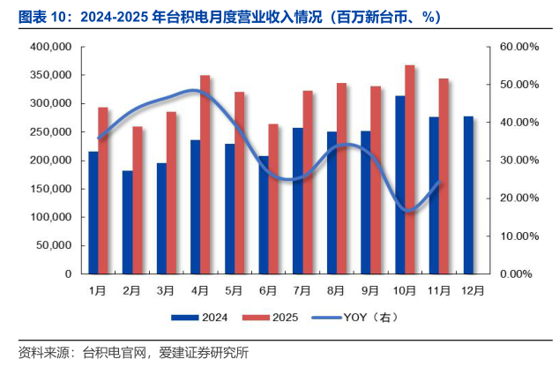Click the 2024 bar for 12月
[x=467, y=195]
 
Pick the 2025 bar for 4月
[x=205, y=175]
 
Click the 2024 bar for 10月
[x=399, y=184]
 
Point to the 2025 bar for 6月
[x=273, y=198]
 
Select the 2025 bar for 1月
[x=103, y=191]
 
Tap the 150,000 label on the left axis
[x=50, y=189]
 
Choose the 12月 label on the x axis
[x=473, y=289]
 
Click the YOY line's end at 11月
[x=439, y=182]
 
